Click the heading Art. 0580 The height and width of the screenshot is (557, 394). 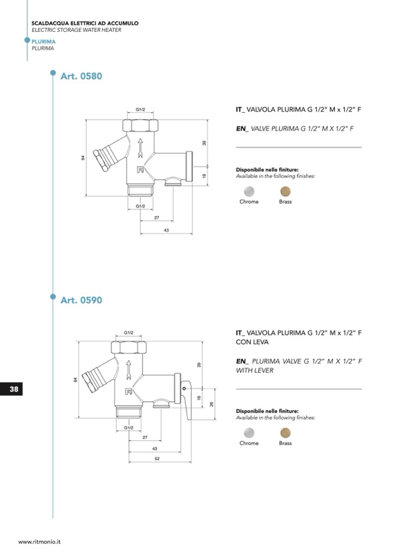tap(81, 76)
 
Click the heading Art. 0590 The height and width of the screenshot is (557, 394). tap(81, 300)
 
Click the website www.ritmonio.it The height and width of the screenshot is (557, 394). tap(40, 541)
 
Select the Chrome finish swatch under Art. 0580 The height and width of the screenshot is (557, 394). tap(249, 191)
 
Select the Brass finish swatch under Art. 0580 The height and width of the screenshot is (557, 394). tap(285, 191)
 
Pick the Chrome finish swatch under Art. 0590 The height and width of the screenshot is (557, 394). tap(249, 432)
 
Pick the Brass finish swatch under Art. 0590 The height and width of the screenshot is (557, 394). tap(285, 432)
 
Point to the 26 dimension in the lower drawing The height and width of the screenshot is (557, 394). tap(212, 404)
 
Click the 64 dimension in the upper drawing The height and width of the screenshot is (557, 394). tap(83, 158)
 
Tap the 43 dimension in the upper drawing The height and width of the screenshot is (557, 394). tap(166, 231)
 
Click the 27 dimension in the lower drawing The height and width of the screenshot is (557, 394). tap(144, 437)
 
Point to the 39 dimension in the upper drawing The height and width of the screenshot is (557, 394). tap(205, 143)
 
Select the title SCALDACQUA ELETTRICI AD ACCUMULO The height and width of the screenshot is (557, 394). tap(85, 23)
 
